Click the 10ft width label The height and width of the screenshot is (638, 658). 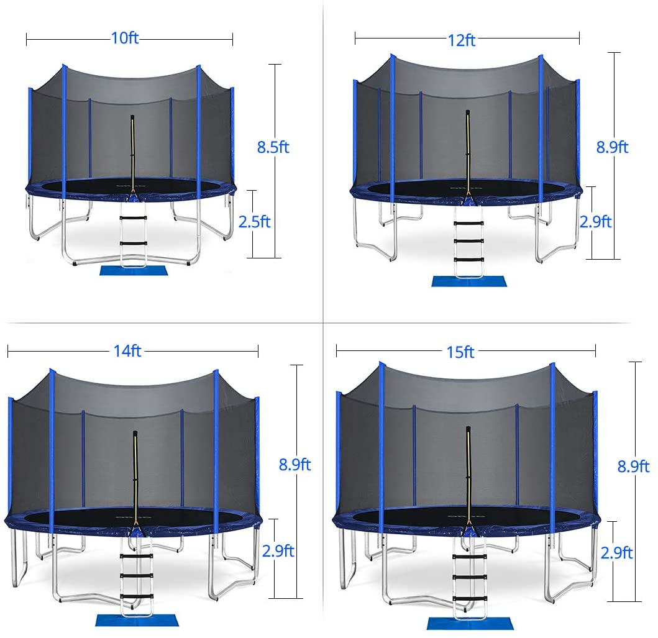coord(125,38)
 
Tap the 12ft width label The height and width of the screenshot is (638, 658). coord(461,40)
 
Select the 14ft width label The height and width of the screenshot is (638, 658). coord(127,350)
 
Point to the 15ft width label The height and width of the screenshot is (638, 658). coord(460,352)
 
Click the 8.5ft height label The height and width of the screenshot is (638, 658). coord(273,147)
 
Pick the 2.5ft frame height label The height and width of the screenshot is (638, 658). coord(254,222)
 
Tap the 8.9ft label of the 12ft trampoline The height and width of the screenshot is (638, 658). coord(612,147)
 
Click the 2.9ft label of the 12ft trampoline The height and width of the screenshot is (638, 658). coord(595,222)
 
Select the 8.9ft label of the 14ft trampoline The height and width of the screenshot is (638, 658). coord(295,464)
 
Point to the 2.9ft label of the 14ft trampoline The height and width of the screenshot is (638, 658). coord(278,551)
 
